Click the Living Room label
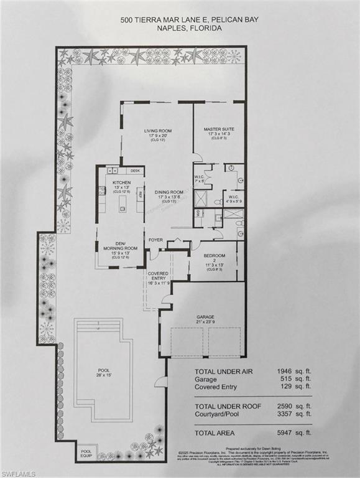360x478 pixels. pos(157,131)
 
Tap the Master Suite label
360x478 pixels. pos(218,129)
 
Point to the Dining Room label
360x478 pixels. pos(168,192)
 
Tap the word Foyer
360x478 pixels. pos(156,239)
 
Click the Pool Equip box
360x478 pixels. pos(85,452)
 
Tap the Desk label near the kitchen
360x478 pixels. pos(134,170)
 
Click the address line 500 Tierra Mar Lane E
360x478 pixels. pos(180,20)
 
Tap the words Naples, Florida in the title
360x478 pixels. pos(180,29)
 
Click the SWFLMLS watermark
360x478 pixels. pos(17,472)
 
